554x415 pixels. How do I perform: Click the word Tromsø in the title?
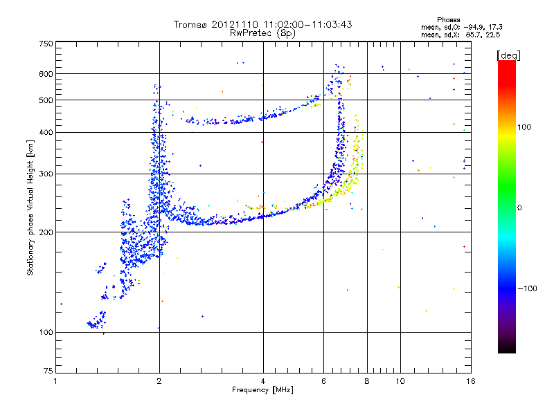(x=190, y=24)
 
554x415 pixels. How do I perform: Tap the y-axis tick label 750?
(x=46, y=44)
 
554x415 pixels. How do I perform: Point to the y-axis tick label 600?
(x=46, y=74)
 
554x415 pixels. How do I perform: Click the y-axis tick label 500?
(x=46, y=100)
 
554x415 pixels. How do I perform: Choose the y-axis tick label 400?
(x=46, y=132)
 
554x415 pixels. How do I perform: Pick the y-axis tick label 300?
(x=46, y=174)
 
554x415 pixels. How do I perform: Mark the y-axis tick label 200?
(x=46, y=232)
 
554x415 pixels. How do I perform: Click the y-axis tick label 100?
(x=46, y=332)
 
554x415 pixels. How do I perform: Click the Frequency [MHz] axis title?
(x=263, y=391)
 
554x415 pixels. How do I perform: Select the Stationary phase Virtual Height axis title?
(x=30, y=208)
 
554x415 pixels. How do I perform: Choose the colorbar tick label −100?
(x=528, y=288)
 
